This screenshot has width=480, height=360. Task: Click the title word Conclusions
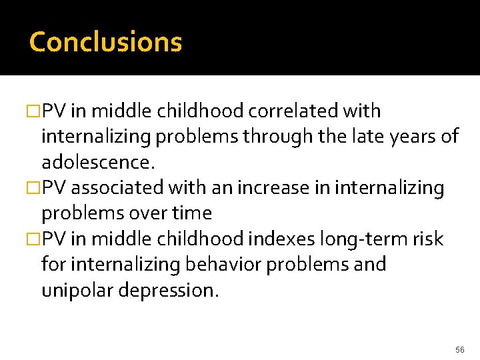[x=105, y=41]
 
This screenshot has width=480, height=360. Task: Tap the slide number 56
[x=460, y=349]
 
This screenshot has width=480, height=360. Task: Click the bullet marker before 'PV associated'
[x=35, y=189]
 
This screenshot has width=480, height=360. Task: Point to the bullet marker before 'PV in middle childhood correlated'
[x=35, y=111]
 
